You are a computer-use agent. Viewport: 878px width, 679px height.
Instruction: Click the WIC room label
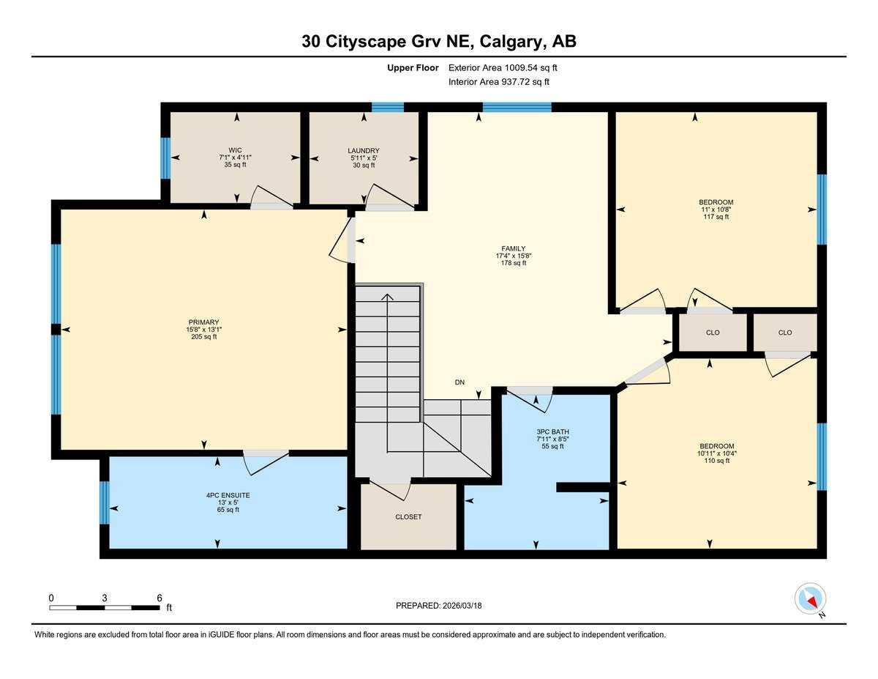point(235,149)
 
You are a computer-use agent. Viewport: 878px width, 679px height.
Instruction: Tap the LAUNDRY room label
point(364,151)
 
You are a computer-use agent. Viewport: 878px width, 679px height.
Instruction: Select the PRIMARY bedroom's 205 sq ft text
point(203,337)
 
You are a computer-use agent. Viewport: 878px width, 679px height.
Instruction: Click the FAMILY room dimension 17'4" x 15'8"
point(513,256)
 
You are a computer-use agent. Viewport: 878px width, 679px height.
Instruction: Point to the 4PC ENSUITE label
point(228,495)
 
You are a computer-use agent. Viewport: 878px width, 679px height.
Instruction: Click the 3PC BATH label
point(552,431)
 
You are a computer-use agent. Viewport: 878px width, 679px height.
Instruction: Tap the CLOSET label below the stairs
point(408,516)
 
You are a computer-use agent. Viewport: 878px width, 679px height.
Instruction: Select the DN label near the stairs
point(459,382)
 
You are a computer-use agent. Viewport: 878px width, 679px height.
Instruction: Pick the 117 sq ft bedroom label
point(716,217)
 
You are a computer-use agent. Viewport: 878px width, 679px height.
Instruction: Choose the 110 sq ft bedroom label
point(716,461)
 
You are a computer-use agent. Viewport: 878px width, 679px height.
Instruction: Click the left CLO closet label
point(713,333)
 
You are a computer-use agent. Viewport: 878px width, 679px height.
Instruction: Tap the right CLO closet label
point(784,333)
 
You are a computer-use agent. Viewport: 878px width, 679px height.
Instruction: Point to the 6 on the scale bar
point(159,598)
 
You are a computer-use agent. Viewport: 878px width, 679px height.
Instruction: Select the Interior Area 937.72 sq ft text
point(498,82)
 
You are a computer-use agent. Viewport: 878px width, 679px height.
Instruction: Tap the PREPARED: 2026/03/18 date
point(439,606)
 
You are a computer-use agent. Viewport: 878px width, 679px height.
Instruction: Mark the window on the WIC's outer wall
point(165,158)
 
